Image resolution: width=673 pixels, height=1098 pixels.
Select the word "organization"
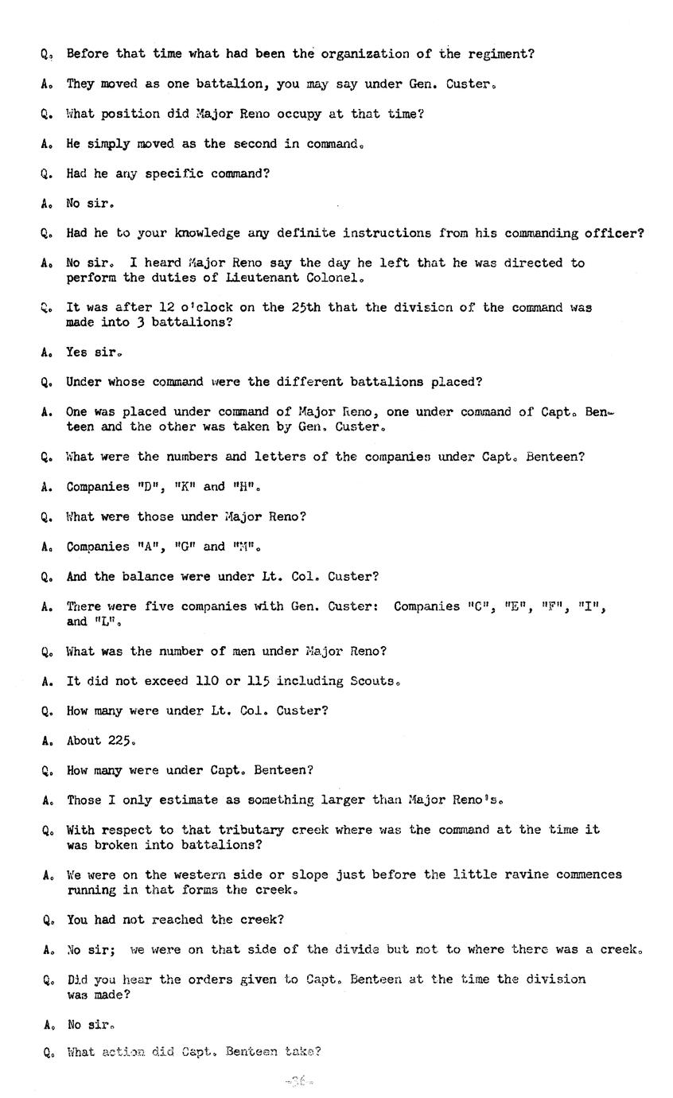pos(369,54)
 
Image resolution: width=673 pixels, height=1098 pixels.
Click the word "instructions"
pos(388,233)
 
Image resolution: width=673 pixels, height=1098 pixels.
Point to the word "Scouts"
pos(372,681)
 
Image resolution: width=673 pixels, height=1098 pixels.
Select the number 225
pos(121,741)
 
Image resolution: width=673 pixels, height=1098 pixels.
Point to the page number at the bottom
pos(299,1081)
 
